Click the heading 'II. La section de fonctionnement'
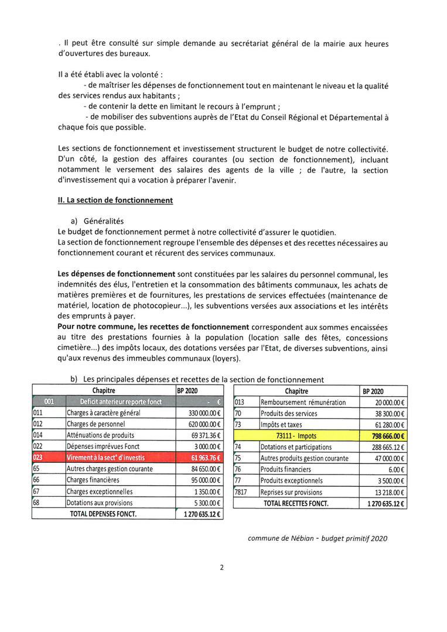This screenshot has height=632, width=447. [x=115, y=200]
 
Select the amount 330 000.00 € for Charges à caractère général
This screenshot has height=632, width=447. [x=201, y=413]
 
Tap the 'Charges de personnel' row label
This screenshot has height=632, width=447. [x=94, y=424]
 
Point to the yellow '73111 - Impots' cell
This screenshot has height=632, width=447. [x=296, y=436]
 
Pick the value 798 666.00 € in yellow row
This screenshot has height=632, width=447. [x=387, y=436]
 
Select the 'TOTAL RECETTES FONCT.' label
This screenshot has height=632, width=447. [x=296, y=503]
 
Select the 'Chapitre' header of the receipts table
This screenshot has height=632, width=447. [x=296, y=391]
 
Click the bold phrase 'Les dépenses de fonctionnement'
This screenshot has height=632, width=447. [x=117, y=274]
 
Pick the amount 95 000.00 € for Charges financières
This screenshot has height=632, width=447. [x=201, y=480]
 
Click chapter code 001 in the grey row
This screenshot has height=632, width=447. [x=49, y=402]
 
